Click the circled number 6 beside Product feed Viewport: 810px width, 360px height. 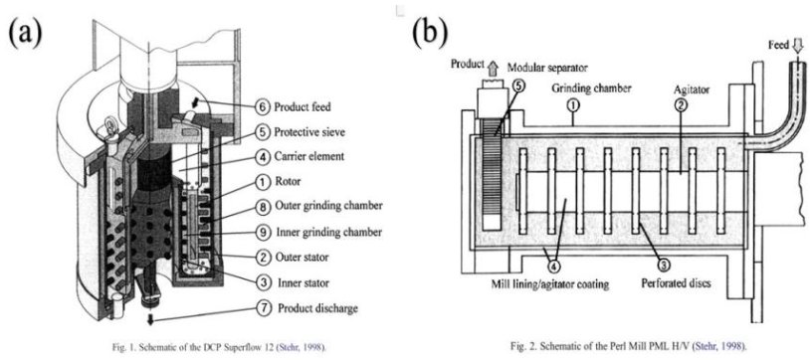[x=262, y=108]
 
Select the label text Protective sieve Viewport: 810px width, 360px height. [x=309, y=132]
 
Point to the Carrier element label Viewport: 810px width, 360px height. [x=308, y=156]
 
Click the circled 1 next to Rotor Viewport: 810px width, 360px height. [x=262, y=181]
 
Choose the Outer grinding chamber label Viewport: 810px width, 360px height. [x=328, y=206]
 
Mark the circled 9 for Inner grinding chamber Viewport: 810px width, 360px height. [x=262, y=232]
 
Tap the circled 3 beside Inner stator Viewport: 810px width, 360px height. [x=263, y=282]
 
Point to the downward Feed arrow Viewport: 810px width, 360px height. [x=798, y=46]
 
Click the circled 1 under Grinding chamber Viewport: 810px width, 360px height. [x=573, y=105]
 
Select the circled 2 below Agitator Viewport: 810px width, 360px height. [x=681, y=105]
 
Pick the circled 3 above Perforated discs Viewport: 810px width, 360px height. [x=665, y=266]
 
